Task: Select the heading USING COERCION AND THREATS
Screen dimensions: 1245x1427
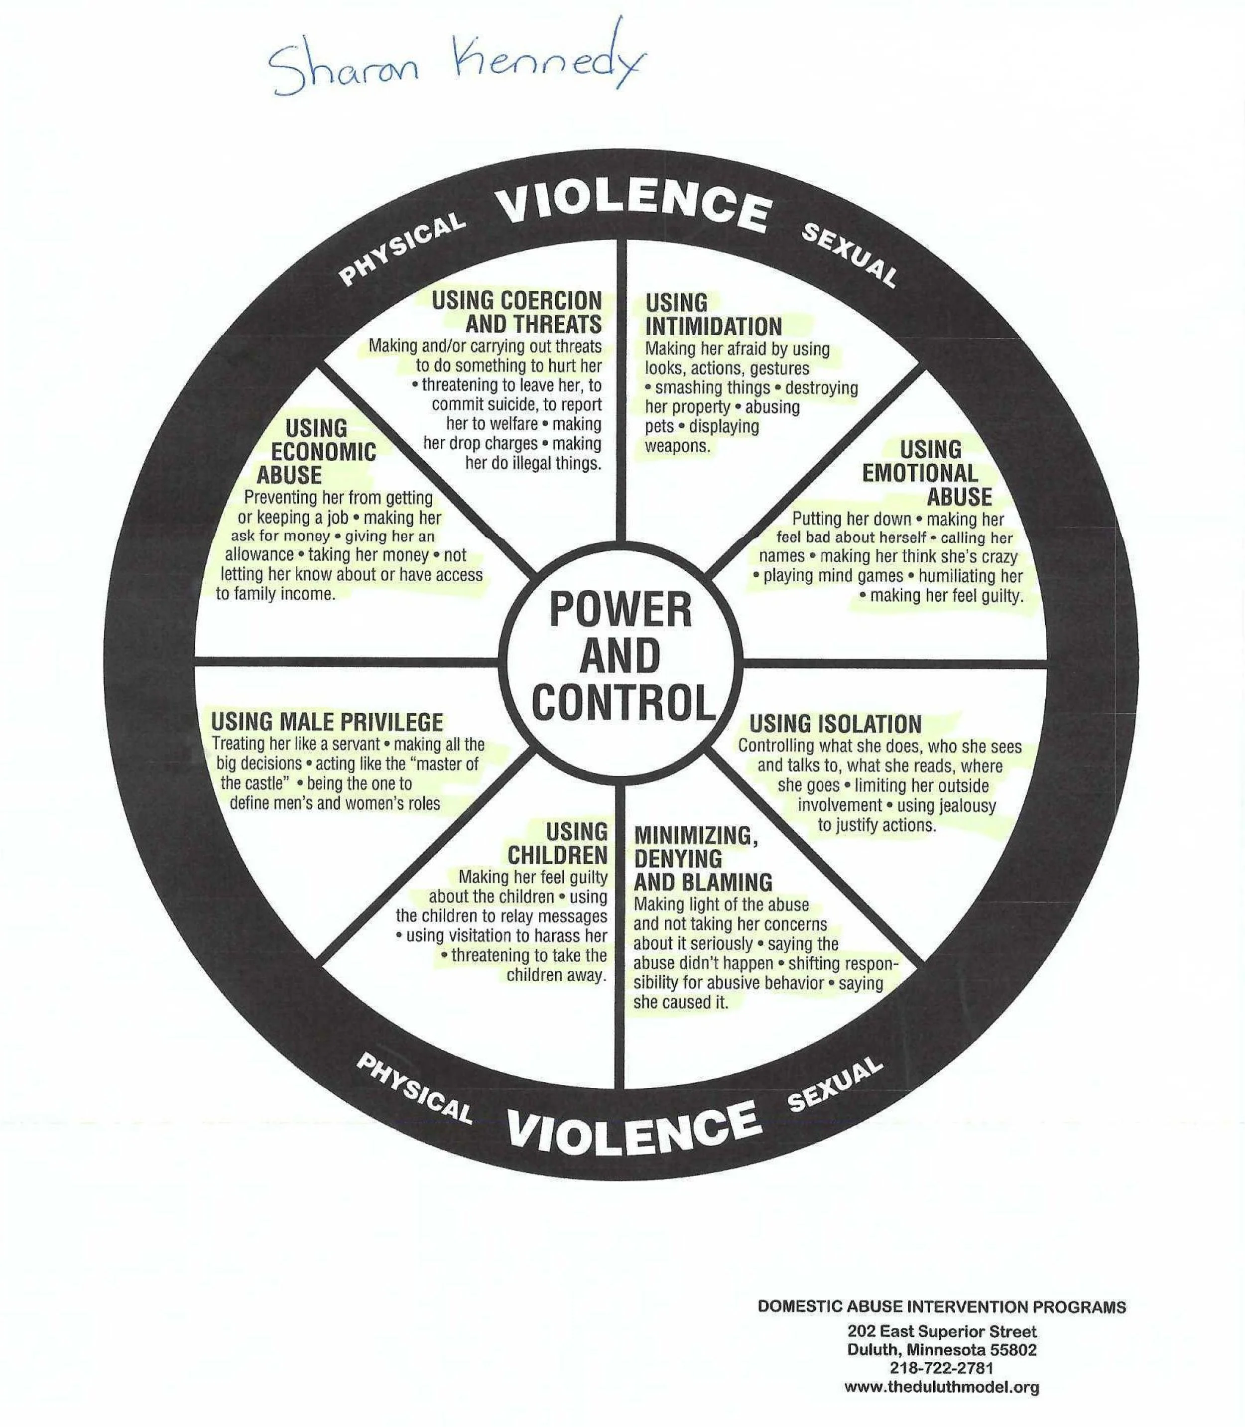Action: point(517,313)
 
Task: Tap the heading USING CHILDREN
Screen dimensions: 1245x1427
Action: point(557,842)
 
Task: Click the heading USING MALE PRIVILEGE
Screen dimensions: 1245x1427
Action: point(327,722)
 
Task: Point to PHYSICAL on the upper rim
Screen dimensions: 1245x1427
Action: point(401,249)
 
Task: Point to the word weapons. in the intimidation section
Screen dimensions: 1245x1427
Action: point(677,446)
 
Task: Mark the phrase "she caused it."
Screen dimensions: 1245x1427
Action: point(680,1002)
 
